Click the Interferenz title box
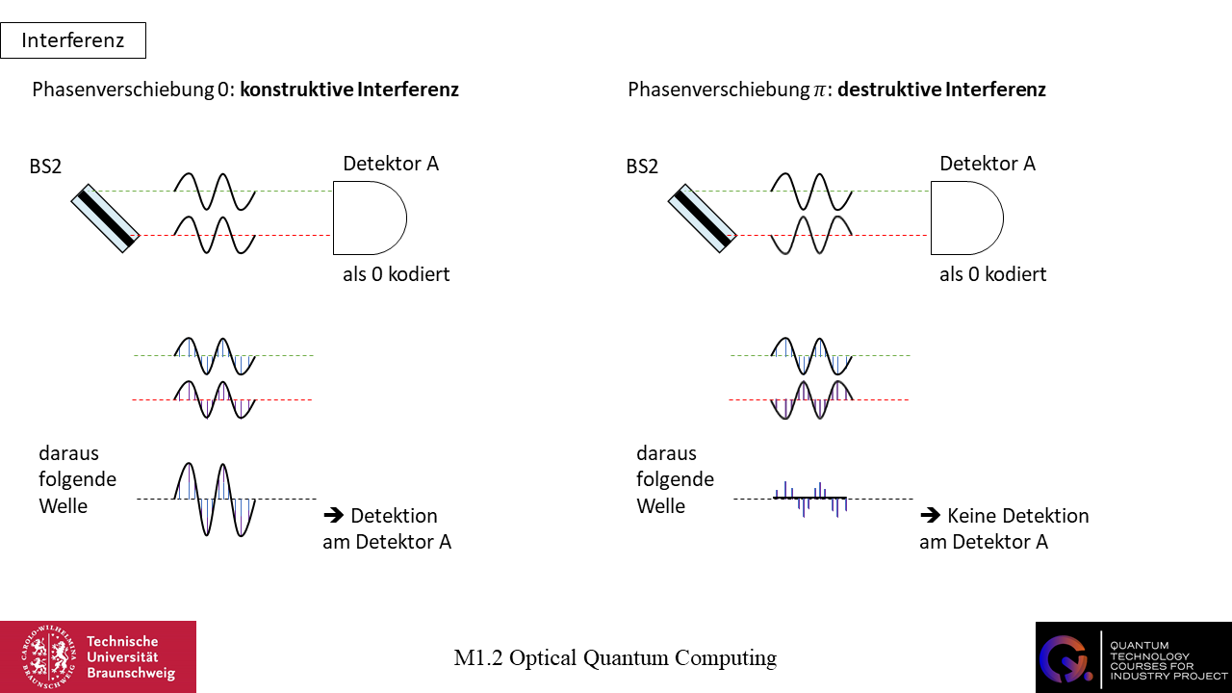[x=73, y=40]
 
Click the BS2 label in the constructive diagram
[x=45, y=167]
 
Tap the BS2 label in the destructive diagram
[x=642, y=167]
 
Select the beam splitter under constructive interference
[x=106, y=218]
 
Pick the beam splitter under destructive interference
[x=703, y=218]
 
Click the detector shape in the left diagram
[x=369, y=218]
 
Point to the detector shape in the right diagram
[x=965, y=218]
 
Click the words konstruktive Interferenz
[x=349, y=90]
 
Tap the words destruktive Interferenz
[x=941, y=90]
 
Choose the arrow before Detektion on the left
[x=332, y=515]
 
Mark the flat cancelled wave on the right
[x=810, y=498]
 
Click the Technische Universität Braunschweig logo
[x=98, y=656]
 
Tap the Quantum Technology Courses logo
[x=1133, y=656]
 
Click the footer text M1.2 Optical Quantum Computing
[x=615, y=658]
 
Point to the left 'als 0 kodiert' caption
[x=396, y=274]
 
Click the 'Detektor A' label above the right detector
[x=988, y=164]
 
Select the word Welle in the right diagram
[x=660, y=506]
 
